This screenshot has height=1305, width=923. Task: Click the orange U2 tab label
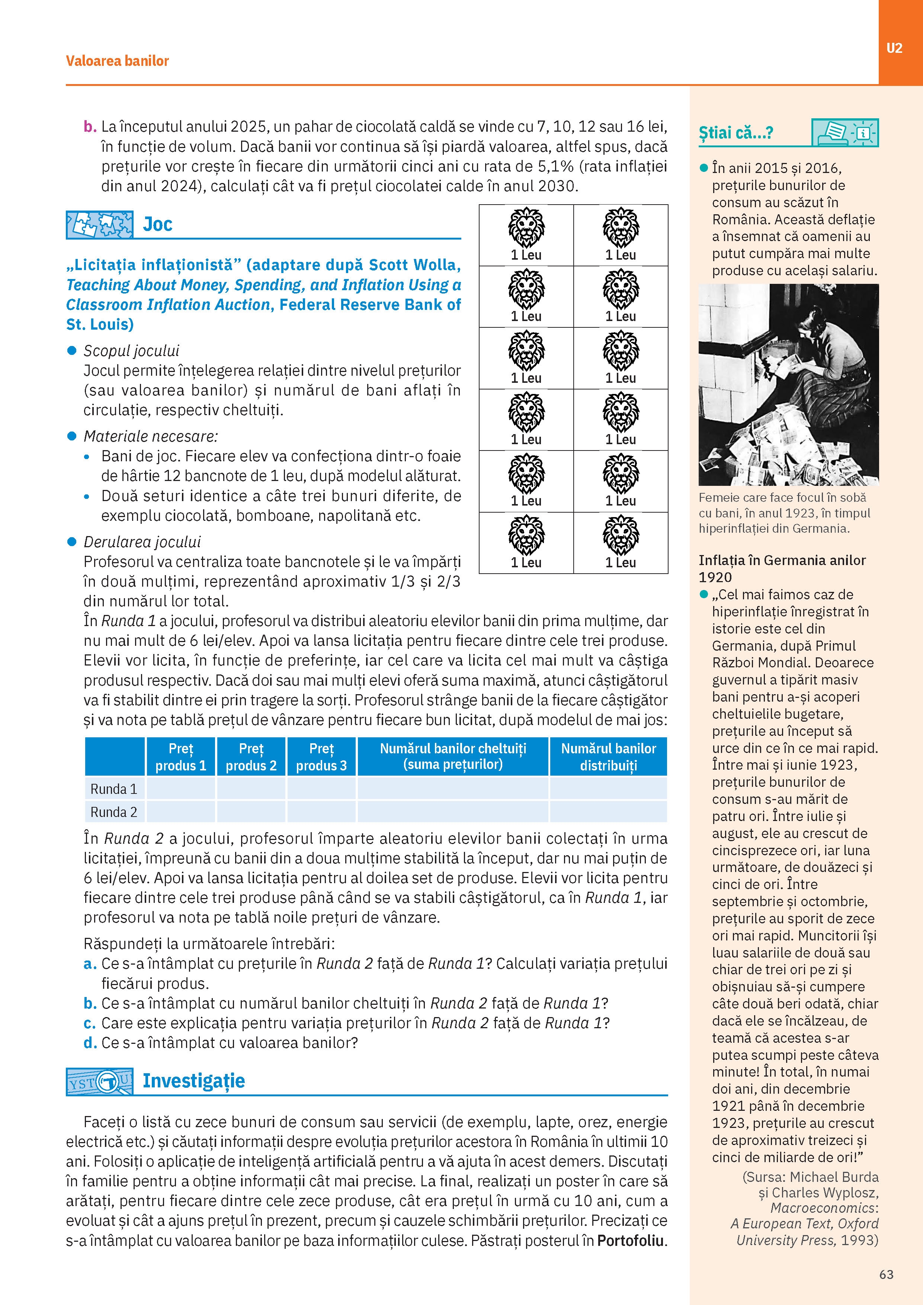894,48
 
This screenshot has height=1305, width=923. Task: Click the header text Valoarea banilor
117,61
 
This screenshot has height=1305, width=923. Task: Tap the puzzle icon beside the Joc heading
99,225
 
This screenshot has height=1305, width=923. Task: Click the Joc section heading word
157,225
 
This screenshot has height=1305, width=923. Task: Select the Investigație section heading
193,1080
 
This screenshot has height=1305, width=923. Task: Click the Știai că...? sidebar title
735,133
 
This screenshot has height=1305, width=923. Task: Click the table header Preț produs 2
251,757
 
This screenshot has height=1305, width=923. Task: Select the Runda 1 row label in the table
114,789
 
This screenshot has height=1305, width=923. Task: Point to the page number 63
886,1274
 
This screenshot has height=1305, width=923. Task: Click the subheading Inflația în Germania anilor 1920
782,568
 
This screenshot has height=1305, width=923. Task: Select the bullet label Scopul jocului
131,351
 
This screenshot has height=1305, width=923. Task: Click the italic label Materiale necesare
151,436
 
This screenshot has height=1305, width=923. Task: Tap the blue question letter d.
90,1043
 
